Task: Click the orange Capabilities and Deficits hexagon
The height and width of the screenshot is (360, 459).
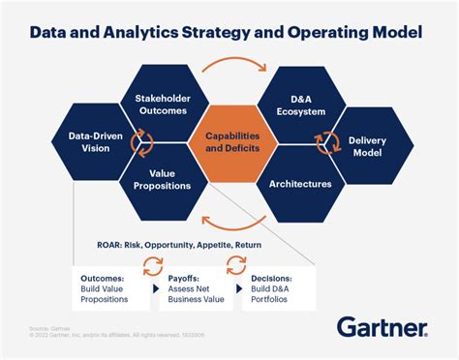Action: [x=229, y=145]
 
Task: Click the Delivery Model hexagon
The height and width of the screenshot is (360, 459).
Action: [x=367, y=145]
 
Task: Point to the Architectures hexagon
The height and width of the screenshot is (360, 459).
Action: [x=300, y=182]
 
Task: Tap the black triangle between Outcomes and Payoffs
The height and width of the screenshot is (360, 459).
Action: [x=154, y=287]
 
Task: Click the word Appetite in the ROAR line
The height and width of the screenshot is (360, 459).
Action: [x=220, y=244]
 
